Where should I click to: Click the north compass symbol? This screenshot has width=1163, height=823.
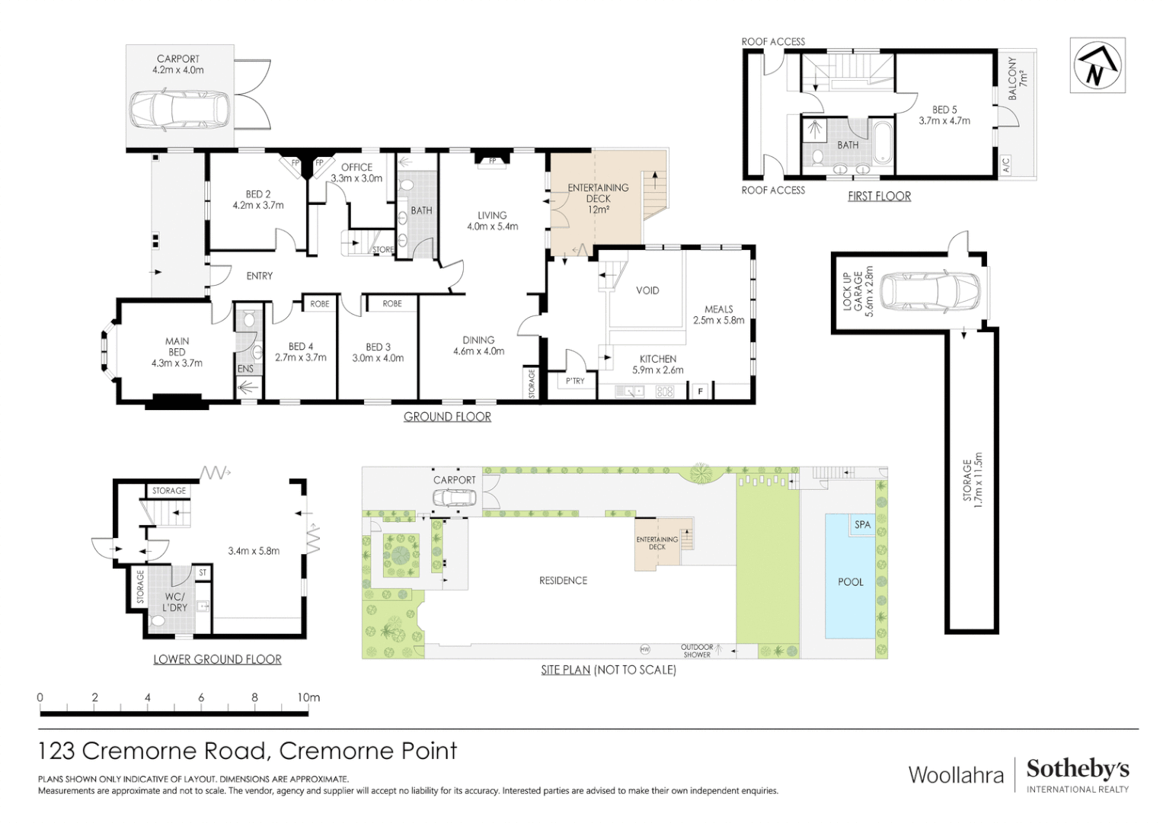pos(1098,65)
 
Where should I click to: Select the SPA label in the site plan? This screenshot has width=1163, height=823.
pos(862,525)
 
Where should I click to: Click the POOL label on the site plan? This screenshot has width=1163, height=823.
pos(851,582)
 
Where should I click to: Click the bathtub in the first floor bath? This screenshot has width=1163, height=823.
pos(883,143)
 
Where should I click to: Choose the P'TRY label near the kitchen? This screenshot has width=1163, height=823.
pos(575,381)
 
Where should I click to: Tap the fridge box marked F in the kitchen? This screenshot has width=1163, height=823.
pos(701,391)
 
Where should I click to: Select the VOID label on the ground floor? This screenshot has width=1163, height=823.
pos(647,290)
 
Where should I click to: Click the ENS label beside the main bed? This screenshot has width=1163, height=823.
pos(245,369)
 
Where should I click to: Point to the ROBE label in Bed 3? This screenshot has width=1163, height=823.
pos(392,303)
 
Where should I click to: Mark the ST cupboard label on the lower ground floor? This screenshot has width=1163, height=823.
pos(203,572)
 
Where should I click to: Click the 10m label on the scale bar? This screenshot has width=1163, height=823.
pos(308,697)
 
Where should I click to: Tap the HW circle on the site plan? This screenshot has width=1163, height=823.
pos(645,649)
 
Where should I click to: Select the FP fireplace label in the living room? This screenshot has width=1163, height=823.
pos(492,161)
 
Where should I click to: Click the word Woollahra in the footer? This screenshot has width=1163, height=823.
pos(956,775)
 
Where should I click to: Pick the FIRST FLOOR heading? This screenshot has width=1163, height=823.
pos(879,196)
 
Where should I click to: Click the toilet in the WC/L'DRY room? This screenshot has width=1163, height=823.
pos(156,620)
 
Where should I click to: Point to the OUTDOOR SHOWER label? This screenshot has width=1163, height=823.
pos(697,651)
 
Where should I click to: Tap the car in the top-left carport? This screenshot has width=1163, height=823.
pos(177,112)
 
